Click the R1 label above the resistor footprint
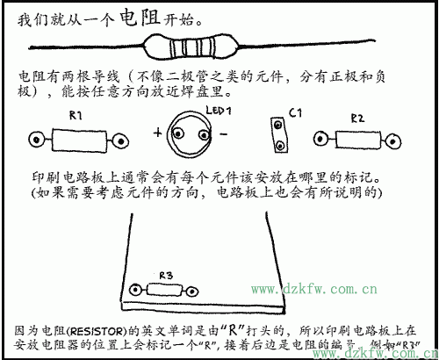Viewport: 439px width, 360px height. (x=76, y=115)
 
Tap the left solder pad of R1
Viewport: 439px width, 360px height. (x=36, y=139)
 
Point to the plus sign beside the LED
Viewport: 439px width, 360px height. (x=159, y=134)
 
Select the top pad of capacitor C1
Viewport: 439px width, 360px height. (x=280, y=126)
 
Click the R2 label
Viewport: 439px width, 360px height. (x=357, y=117)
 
